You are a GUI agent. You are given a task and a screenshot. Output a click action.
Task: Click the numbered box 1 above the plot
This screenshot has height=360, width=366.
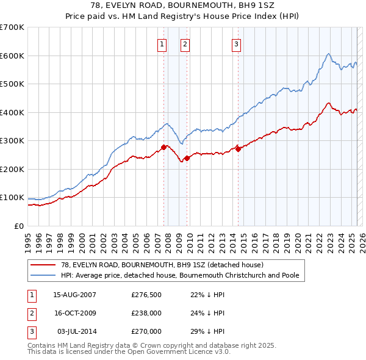(x=162, y=43)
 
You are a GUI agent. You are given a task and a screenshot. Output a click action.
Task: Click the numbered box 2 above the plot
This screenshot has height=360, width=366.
(x=184, y=43)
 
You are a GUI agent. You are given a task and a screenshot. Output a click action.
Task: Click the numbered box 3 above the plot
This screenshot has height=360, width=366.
(x=236, y=43)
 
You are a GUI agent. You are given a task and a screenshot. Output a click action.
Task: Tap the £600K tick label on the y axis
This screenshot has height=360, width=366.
(x=12, y=56)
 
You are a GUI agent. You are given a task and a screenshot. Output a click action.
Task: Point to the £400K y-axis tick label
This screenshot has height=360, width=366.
(x=12, y=112)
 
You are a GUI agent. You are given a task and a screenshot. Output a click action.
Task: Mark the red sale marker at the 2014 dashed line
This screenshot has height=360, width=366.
(x=238, y=149)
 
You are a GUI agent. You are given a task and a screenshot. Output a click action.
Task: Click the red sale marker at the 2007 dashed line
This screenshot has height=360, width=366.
(x=164, y=147)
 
